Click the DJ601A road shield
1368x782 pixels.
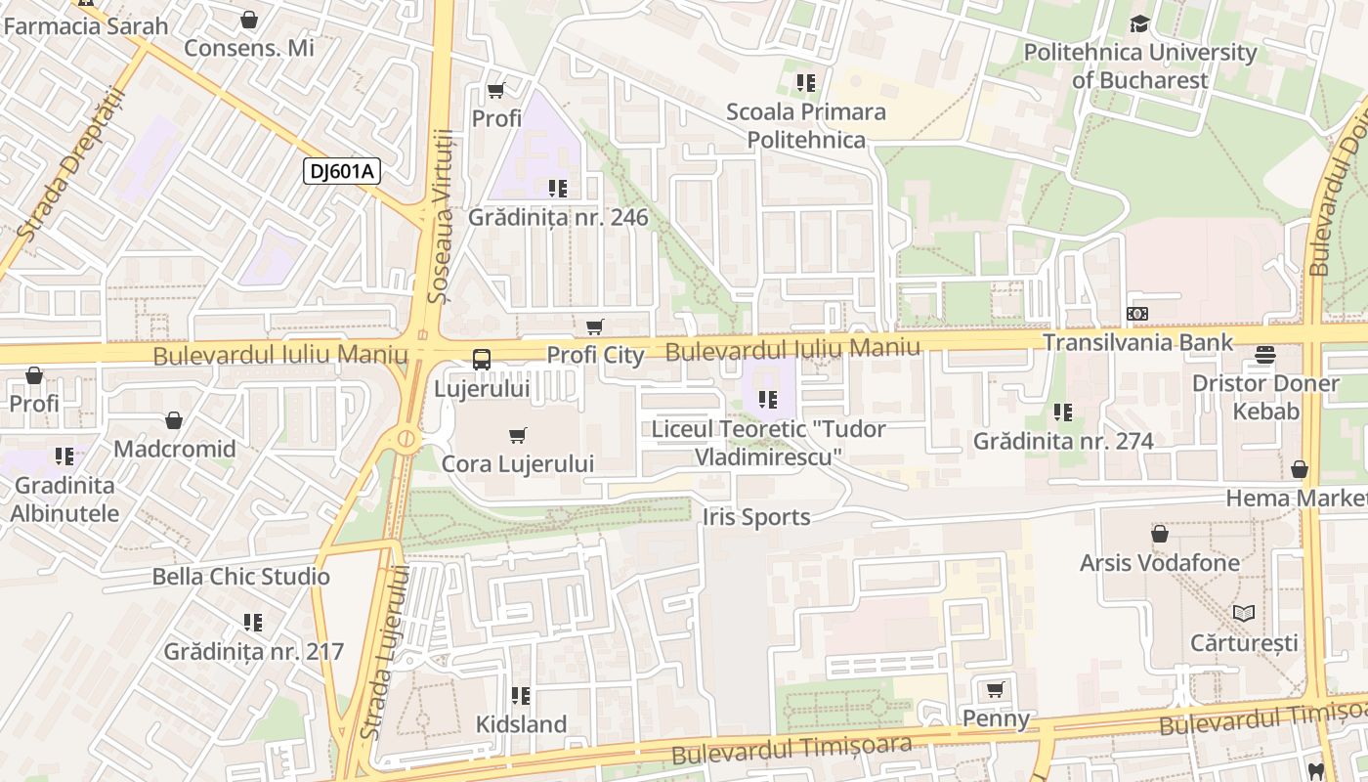[x=341, y=171]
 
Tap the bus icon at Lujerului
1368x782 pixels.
[x=482, y=359]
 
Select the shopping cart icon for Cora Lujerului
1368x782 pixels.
[x=518, y=435]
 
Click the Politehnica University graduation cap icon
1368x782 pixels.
[x=1139, y=23]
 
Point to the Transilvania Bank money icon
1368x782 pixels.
[x=1137, y=314]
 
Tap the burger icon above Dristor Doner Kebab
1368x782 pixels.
[x=1265, y=354]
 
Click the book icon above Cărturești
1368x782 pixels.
[x=1243, y=613]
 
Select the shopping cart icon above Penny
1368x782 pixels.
[x=996, y=690]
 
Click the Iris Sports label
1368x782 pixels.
[x=756, y=517]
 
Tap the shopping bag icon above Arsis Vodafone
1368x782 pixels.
[x=1159, y=534]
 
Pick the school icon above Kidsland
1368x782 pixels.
[x=521, y=696]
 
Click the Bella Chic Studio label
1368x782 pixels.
[x=240, y=577]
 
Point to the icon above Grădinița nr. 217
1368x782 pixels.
[x=253, y=623]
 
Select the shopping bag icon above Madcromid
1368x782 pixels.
[x=174, y=420]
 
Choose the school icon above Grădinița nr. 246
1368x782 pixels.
[x=557, y=188]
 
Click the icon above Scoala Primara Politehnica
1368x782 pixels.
[x=805, y=83]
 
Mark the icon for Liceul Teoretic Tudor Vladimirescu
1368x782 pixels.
[x=768, y=399]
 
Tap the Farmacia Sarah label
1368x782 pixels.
[x=86, y=25]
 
